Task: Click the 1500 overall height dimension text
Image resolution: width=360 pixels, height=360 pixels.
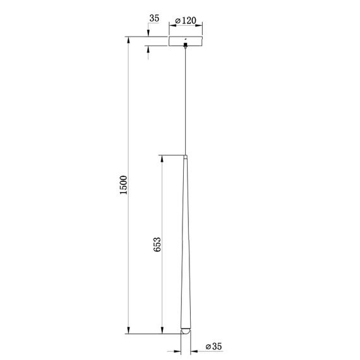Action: pos(124,185)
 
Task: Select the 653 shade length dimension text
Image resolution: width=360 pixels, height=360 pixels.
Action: pos(158,245)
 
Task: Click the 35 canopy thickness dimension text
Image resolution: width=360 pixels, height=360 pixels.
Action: pos(153,19)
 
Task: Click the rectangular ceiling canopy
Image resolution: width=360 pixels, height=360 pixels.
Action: pos(185,42)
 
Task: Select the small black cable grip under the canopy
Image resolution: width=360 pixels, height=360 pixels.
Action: pos(185,45)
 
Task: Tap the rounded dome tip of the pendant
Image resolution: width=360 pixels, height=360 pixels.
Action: pos(185,331)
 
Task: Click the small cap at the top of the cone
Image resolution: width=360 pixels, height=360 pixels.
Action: pos(185,156)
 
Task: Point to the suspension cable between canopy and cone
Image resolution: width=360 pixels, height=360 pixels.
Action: pos(185,101)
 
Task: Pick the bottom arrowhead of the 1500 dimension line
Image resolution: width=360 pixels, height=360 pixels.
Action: pos(129,330)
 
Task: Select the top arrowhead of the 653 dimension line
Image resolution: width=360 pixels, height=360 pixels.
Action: pos(163,159)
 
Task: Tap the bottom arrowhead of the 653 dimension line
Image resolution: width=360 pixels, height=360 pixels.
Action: pos(163,330)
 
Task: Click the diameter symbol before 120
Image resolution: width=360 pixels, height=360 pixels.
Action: pos(178,21)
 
